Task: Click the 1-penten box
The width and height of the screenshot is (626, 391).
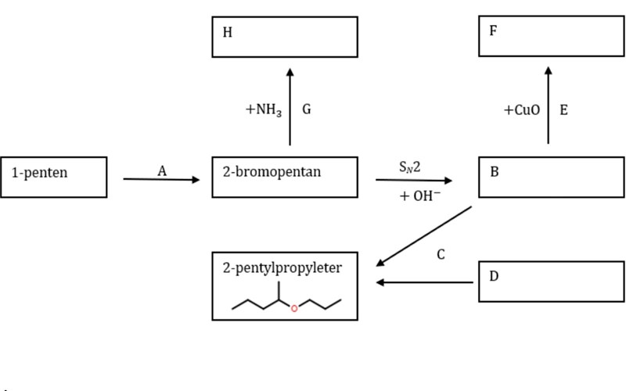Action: [53, 177]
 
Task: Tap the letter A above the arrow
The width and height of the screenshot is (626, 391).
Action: [162, 171]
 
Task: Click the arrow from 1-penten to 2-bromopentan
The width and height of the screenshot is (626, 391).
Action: [162, 180]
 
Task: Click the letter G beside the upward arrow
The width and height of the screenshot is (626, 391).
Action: [307, 109]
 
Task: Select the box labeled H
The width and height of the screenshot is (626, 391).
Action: [284, 37]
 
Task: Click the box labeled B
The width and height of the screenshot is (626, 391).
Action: [552, 177]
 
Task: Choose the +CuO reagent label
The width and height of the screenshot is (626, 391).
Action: [522, 110]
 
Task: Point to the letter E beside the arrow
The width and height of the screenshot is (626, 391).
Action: [563, 109]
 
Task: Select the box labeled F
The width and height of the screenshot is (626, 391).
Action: [552, 36]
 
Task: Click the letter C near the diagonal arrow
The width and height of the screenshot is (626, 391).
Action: [441, 254]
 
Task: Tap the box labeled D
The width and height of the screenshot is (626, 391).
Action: [552, 282]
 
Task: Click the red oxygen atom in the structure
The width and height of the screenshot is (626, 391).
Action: [294, 308]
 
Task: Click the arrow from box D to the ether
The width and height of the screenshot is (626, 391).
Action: [425, 282]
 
